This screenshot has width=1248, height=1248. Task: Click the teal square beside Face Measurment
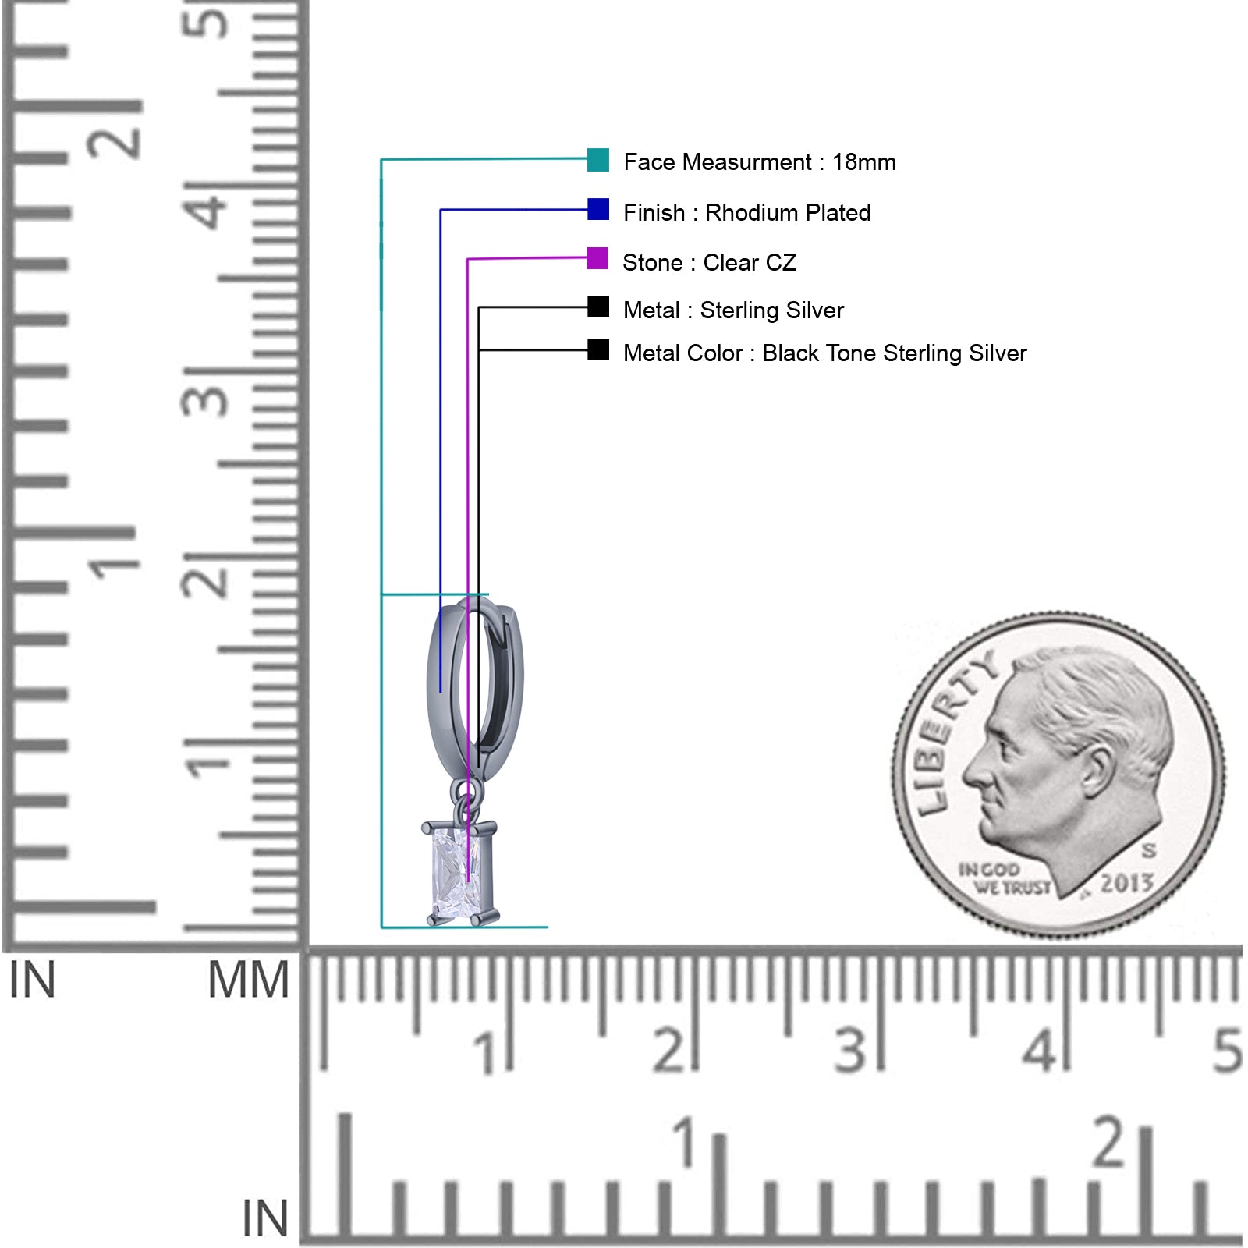coord(598,160)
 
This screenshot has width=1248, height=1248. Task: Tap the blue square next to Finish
coord(598,209)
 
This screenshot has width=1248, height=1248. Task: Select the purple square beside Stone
coord(597,258)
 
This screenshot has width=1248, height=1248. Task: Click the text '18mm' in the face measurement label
coord(864,162)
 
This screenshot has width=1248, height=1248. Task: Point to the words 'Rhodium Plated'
coord(788,212)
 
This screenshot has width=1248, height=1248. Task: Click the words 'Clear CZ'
coord(750,262)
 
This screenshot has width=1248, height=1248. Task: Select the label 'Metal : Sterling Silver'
coord(733,310)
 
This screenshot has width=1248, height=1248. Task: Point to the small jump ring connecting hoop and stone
coord(465,801)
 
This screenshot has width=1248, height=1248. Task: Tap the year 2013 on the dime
coord(1126,883)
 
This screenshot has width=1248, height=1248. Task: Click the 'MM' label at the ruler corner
coord(248,980)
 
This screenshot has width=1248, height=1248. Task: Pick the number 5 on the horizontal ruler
coord(1227,1051)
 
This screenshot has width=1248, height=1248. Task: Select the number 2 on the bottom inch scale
coord(1109,1141)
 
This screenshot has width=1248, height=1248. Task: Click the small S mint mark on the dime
coord(1148,849)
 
